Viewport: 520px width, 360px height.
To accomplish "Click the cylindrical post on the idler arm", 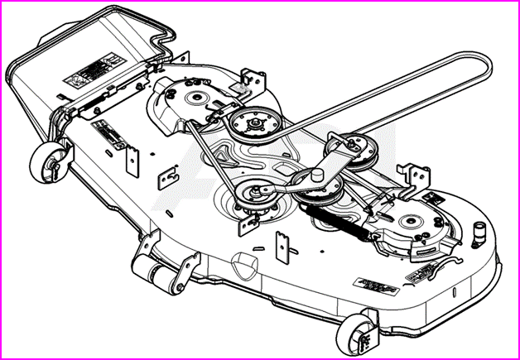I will [x=315, y=175].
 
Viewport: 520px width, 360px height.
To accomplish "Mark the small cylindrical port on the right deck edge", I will [x=479, y=233].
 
